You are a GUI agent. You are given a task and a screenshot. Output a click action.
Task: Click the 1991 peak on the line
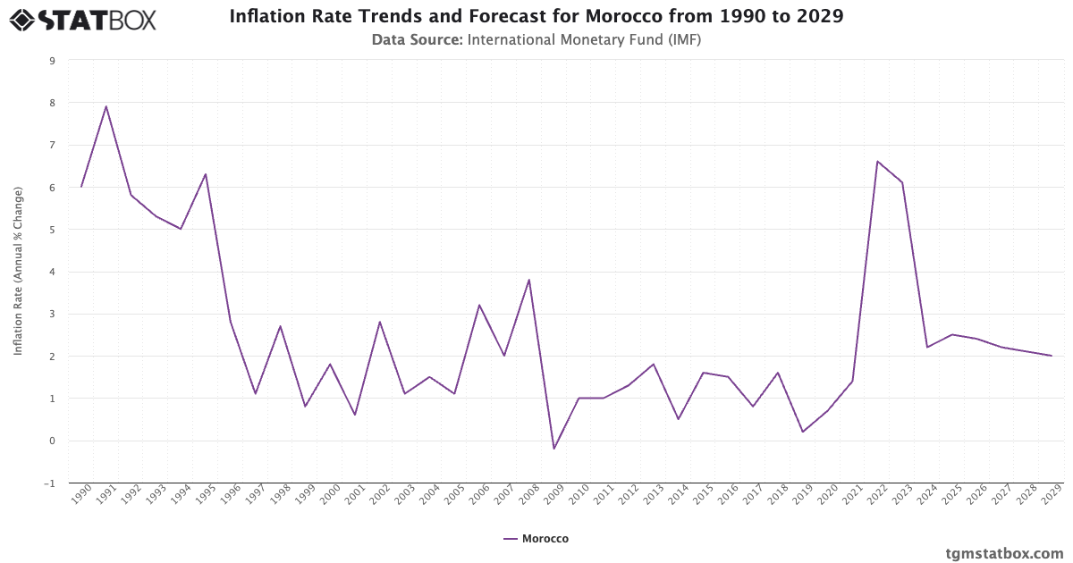pos(106,106)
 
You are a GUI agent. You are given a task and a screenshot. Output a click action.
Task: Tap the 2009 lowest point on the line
pos(553,449)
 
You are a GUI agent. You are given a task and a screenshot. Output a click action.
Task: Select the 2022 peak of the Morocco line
pos(877,162)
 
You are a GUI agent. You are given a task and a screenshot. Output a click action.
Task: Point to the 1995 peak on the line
pos(206,174)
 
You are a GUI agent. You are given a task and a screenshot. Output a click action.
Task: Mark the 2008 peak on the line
pos(529,280)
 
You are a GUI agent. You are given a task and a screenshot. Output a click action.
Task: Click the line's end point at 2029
pos(1052,356)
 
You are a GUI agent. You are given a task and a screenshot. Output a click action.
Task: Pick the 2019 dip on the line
pos(803,432)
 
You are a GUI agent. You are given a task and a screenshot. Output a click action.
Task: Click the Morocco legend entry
pos(536,539)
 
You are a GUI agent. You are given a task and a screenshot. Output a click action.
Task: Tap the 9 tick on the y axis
pos(52,61)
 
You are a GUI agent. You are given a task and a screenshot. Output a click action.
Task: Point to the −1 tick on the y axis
pos(50,483)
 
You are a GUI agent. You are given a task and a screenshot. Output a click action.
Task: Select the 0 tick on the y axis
pos(52,441)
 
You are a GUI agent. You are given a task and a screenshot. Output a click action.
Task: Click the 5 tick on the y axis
pos(52,230)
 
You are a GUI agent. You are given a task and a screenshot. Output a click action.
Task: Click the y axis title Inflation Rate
pos(18,272)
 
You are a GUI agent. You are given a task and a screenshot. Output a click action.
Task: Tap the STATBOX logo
pos(83,19)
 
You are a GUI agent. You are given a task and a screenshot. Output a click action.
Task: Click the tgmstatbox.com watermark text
pos(1004,553)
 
